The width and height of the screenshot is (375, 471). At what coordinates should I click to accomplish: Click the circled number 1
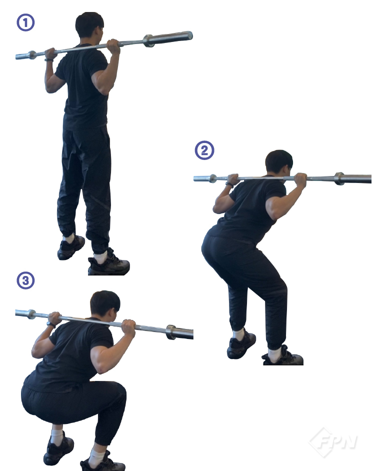click(x=25, y=22)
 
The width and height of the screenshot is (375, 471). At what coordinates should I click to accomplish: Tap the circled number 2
click(x=204, y=150)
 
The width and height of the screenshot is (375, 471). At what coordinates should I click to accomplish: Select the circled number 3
click(x=25, y=280)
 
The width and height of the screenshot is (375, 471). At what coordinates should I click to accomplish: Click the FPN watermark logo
click(x=333, y=442)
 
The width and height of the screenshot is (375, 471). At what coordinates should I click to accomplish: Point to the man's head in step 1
click(x=89, y=25)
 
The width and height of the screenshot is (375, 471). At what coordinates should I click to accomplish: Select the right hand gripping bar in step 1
click(x=113, y=46)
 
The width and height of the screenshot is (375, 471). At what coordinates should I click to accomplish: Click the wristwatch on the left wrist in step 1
click(x=48, y=60)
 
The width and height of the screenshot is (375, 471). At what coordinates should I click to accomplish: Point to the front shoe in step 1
click(x=109, y=264)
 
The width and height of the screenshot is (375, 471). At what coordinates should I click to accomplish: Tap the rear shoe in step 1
click(x=71, y=248)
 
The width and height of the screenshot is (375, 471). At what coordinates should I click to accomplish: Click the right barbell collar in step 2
click(x=339, y=178)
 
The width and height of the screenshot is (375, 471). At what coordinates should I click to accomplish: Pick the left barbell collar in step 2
click(x=213, y=178)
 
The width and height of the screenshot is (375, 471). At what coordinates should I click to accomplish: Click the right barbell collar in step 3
click(x=171, y=332)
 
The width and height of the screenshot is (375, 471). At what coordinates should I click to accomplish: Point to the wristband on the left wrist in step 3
click(x=51, y=324)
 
